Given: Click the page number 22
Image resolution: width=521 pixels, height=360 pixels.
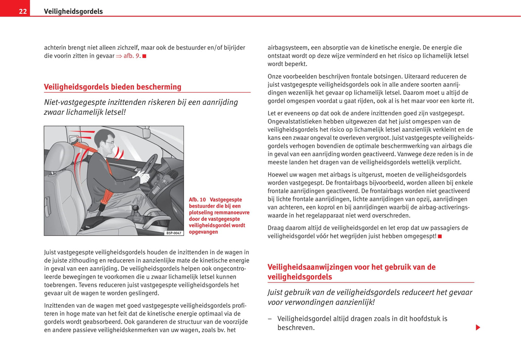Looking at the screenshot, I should pyautogui.click(x=23, y=12).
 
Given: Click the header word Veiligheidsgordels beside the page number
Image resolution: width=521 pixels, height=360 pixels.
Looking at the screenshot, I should pyautogui.click(x=73, y=12).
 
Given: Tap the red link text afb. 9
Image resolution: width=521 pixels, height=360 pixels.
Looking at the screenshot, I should pyautogui.click(x=131, y=56).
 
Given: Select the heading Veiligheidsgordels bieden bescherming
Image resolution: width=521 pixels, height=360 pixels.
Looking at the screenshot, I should pyautogui.click(x=112, y=87).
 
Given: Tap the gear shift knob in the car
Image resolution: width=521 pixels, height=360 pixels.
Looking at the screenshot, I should pyautogui.click(x=136, y=208).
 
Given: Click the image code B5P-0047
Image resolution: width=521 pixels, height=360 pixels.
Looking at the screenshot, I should pyautogui.click(x=174, y=233).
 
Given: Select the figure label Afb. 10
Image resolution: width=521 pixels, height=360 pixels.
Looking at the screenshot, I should pyautogui.click(x=197, y=200).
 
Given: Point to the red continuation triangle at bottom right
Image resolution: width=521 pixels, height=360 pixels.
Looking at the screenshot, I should pyautogui.click(x=478, y=328).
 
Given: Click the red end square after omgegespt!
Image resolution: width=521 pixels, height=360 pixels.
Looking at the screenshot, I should pyautogui.click(x=440, y=236).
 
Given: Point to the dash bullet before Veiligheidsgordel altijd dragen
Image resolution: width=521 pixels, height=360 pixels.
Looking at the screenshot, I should pyautogui.click(x=270, y=319).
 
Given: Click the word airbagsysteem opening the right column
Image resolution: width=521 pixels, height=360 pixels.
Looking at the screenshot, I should pyautogui.click(x=288, y=48).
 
